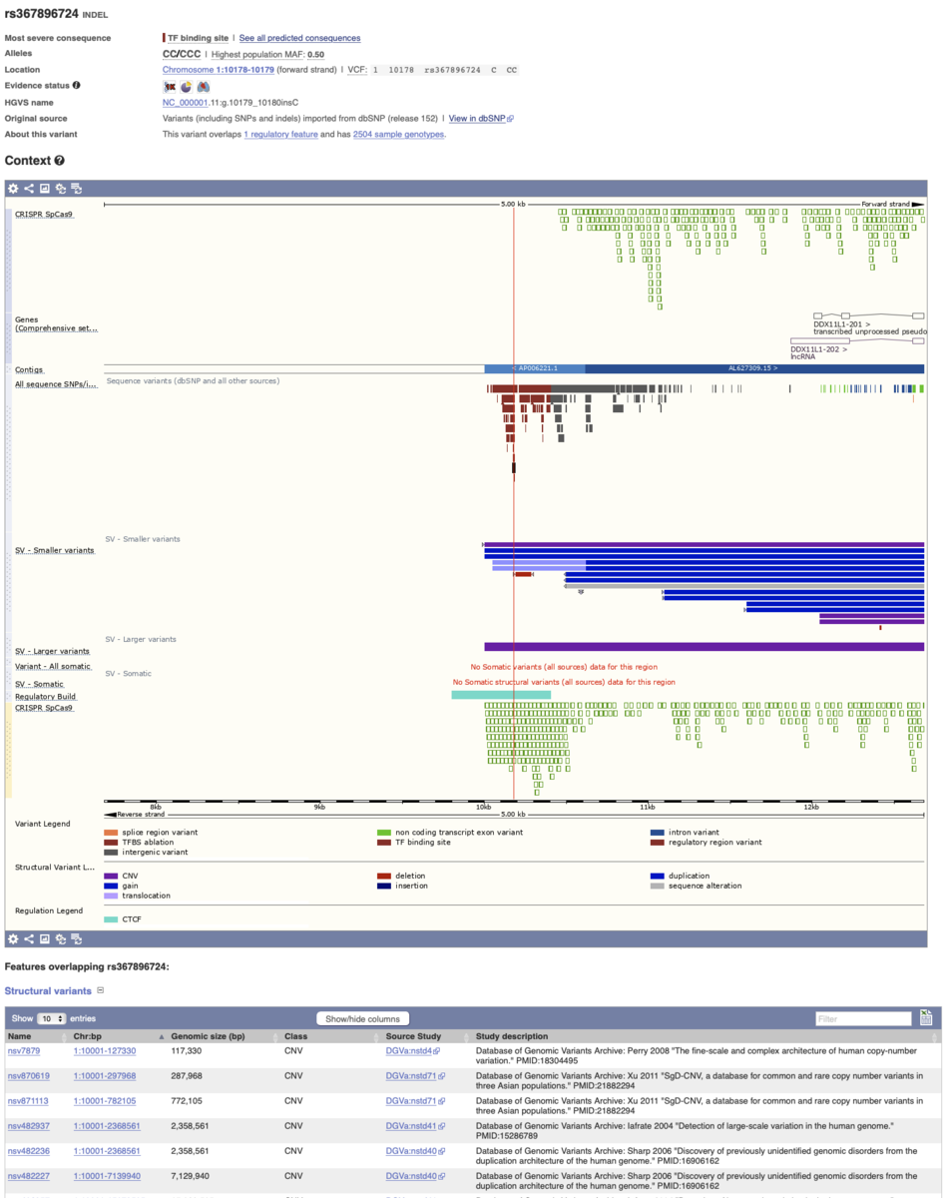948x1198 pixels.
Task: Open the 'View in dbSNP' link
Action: click(480, 118)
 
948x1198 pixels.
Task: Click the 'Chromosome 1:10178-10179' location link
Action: click(218, 70)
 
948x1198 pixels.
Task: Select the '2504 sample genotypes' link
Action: click(398, 134)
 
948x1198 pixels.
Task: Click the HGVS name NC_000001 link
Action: click(185, 102)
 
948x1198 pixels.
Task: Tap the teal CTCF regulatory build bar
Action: click(500, 695)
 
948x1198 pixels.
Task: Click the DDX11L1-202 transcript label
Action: click(818, 349)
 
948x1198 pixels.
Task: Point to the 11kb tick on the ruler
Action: click(647, 807)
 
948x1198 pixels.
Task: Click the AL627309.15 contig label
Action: click(752, 368)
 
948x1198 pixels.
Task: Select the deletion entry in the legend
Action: click(409, 876)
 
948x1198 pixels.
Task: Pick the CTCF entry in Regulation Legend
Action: click(131, 918)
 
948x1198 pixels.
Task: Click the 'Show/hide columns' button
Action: click(362, 1018)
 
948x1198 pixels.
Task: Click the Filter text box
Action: click(863, 1018)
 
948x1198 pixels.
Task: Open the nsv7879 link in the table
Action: click(23, 1050)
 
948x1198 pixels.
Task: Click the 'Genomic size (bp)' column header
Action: click(208, 1036)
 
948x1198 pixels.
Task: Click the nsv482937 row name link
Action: click(28, 1125)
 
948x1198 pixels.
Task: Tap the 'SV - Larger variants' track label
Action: click(52, 651)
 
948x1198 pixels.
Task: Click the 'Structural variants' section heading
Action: click(47, 990)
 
